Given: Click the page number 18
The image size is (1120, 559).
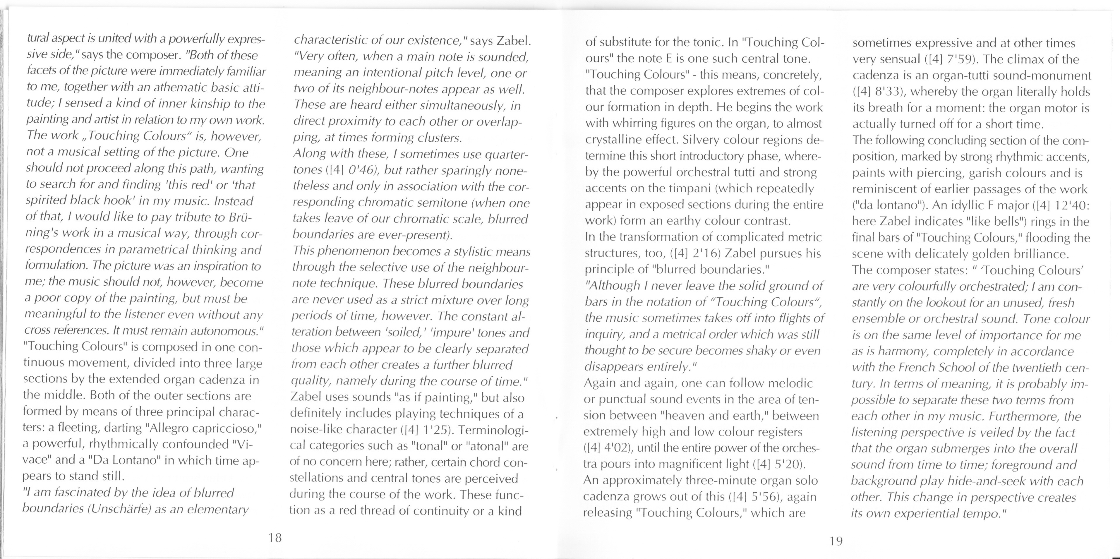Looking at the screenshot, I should [x=275, y=538].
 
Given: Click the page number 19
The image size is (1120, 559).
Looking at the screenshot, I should [x=836, y=541].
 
